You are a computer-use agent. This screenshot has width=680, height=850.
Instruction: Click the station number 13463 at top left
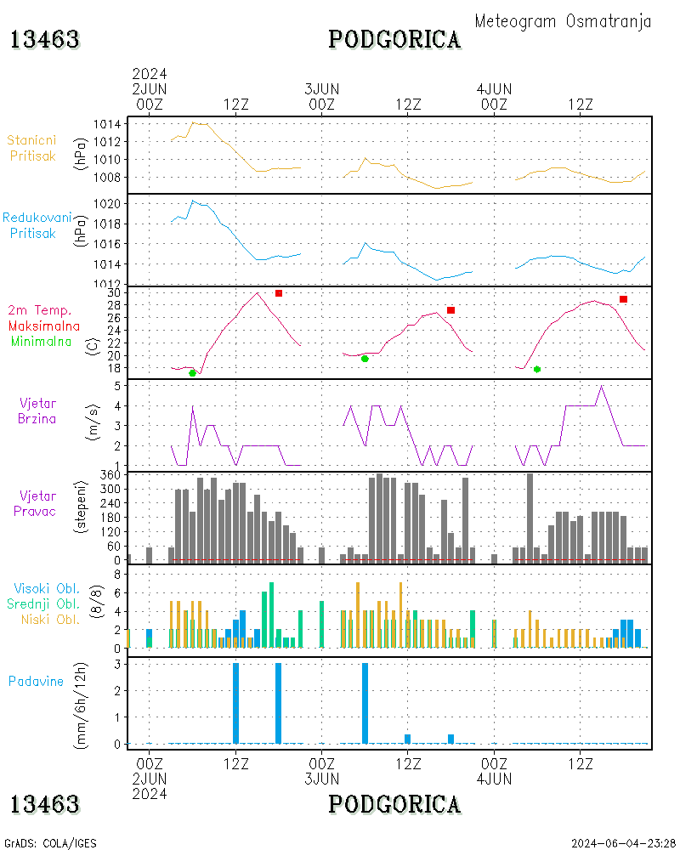45,39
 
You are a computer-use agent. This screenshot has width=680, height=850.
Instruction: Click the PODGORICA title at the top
394,39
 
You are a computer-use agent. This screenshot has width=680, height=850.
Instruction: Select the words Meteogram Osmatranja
563,21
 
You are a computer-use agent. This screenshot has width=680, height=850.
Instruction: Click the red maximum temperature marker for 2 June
279,293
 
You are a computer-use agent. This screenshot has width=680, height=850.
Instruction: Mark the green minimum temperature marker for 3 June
365,359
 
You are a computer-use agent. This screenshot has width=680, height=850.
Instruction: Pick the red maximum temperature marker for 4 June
623,299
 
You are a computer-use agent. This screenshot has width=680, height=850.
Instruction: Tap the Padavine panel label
36,681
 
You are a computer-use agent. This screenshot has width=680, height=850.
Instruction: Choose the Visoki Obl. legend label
47,588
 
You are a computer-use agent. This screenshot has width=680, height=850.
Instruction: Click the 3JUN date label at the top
322,88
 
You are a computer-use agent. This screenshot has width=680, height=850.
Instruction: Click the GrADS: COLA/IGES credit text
50,843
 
